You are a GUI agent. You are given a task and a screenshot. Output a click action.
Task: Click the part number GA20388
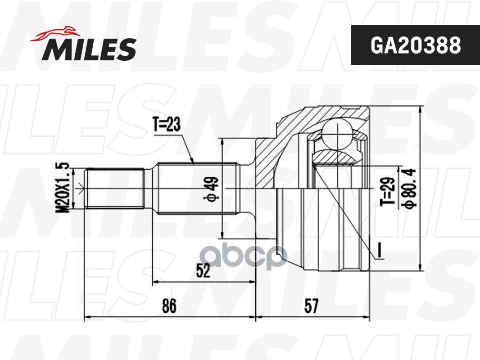(416, 45)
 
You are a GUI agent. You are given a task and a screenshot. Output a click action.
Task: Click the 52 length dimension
(203, 271)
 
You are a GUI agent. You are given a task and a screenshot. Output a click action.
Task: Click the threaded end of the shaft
(115, 188)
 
